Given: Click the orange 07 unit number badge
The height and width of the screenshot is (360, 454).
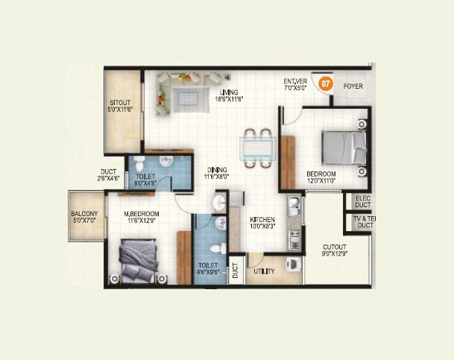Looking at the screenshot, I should point(325,84).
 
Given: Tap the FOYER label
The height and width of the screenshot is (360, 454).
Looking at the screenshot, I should point(353,86).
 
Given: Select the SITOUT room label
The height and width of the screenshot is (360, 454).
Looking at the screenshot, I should point(121,104).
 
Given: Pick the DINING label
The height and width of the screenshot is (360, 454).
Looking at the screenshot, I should point(218,170).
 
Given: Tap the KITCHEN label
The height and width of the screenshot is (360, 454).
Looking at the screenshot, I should point(263,218).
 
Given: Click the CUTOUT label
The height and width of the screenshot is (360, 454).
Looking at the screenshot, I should point(333,247).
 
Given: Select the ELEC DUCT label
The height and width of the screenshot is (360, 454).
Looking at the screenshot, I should point(362,201).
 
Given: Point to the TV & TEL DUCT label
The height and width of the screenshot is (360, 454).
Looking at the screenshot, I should point(364,221).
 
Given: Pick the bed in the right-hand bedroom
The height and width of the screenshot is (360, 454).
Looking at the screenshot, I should point(344,148).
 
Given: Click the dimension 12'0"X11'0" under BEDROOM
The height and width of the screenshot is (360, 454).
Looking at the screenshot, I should point(322,181).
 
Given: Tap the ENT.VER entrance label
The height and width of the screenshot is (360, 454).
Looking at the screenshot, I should point(295,81).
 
